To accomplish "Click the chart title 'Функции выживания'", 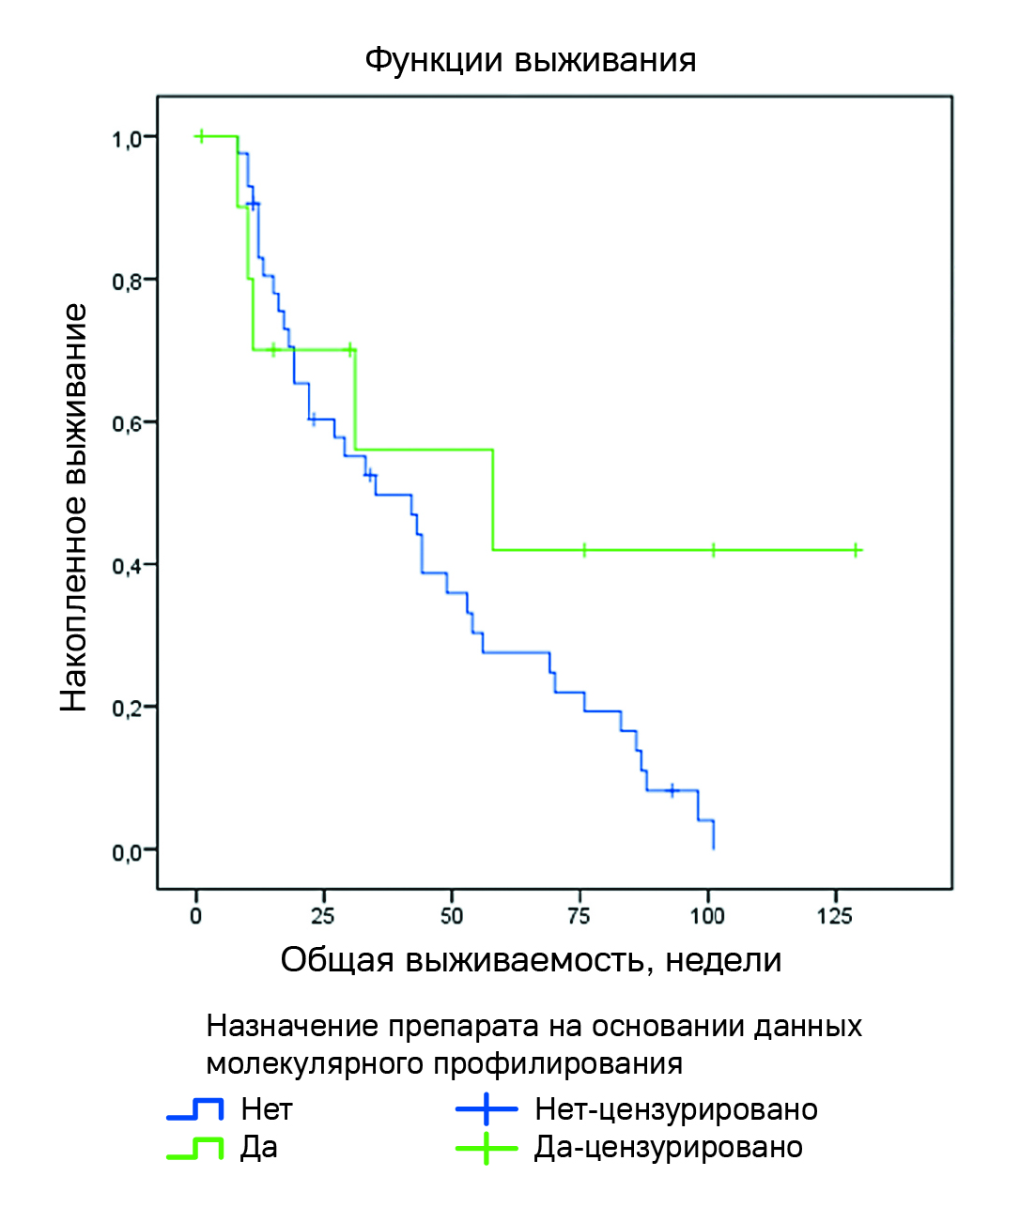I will point(530,61).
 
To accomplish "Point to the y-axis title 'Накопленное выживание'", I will point(74,507).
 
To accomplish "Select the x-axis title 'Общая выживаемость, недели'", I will point(531,960).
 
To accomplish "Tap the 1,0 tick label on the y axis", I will point(127,139).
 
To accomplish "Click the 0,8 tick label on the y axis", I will point(127,282).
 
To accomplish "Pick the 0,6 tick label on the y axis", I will point(127,424).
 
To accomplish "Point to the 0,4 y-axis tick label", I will point(127,566).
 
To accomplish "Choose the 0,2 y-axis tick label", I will point(127,709).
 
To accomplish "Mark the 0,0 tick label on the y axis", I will point(127,852).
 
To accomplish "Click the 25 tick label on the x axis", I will point(323,916).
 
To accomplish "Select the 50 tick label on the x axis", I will point(452,916).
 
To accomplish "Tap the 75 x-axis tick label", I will point(580,916).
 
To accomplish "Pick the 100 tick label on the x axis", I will point(707,916).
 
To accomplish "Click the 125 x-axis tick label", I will point(835,916).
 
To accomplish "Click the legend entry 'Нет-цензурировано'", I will point(675,1110).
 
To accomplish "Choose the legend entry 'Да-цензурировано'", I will point(668,1148).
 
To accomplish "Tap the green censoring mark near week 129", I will point(857,550).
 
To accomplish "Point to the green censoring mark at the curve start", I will point(200,136).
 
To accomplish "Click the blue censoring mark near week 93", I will point(672,790).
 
